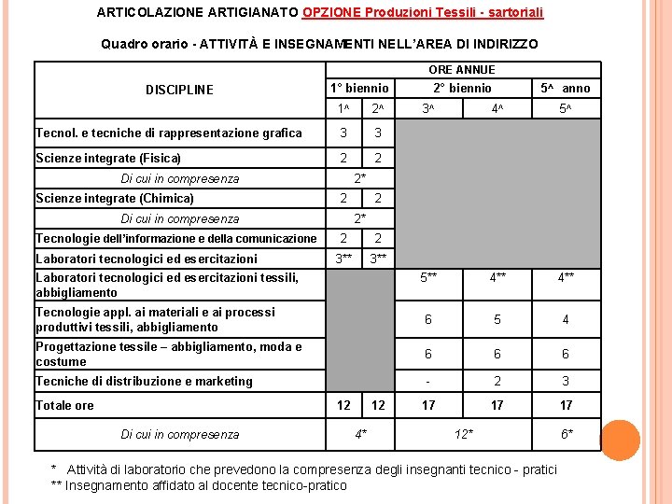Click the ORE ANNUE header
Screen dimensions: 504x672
tap(461, 70)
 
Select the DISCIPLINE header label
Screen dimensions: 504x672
tap(179, 91)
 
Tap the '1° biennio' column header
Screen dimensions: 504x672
tap(359, 89)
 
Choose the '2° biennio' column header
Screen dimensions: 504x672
tap(461, 89)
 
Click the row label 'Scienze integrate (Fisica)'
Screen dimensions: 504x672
tap(108, 158)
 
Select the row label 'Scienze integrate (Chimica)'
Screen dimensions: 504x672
tap(115, 198)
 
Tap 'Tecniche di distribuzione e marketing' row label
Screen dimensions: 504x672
tap(144, 381)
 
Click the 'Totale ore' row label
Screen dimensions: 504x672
tap(64, 405)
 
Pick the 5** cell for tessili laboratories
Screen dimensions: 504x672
tap(428, 277)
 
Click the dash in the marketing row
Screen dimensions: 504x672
tap(427, 381)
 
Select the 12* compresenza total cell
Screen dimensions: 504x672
tap(463, 434)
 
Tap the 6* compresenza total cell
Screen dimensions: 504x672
tap(567, 434)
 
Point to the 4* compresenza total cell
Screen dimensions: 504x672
tap(360, 434)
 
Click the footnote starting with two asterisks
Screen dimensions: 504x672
tap(198, 485)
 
